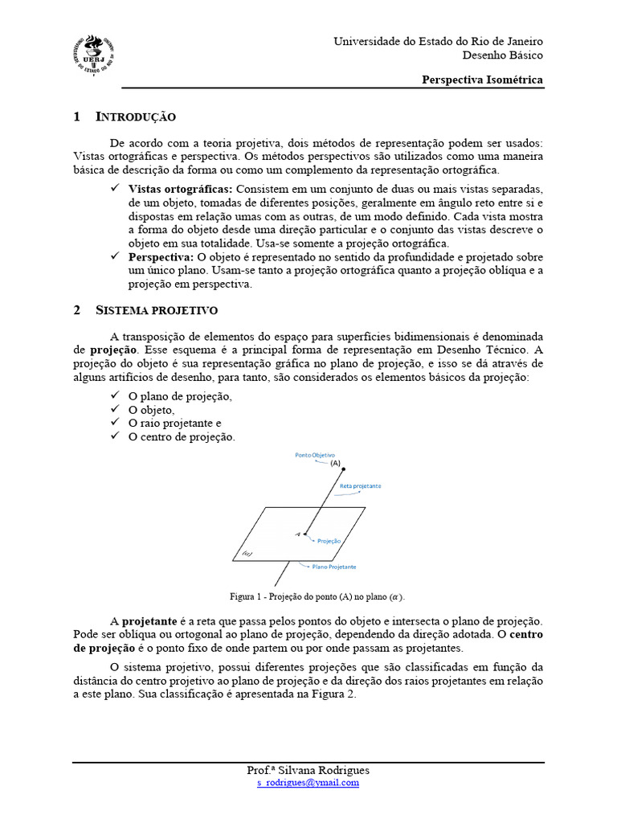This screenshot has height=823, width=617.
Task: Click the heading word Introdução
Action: click(136, 117)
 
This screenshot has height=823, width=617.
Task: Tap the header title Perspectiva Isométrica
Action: click(483, 80)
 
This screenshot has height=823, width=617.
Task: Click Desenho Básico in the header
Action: click(502, 55)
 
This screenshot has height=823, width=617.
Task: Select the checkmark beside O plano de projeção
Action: click(116, 396)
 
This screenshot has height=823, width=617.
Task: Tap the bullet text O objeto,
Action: click(151, 410)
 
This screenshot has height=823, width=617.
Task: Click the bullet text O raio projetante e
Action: click(174, 423)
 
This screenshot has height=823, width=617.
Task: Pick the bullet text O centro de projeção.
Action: click(182, 436)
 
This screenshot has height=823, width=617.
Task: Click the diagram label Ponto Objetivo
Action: click(315, 455)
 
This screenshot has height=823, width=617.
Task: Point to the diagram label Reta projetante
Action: click(360, 486)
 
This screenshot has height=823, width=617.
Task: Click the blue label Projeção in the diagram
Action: click(329, 541)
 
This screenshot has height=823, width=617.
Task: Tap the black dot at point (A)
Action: click(344, 469)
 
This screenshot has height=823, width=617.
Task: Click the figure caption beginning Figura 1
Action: click(317, 596)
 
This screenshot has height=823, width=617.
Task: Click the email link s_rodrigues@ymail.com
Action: click(308, 782)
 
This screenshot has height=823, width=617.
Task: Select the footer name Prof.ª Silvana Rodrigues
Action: click(308, 770)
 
